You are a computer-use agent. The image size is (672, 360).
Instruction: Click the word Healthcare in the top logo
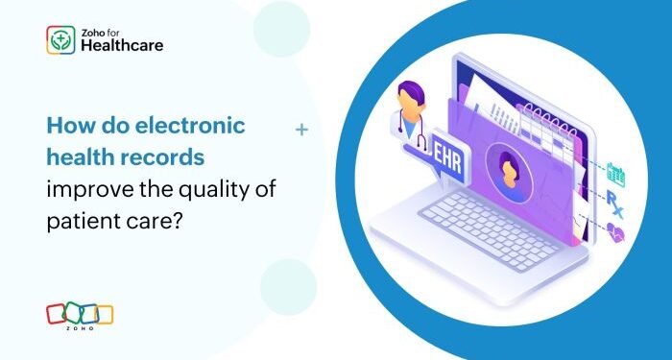point(122,44)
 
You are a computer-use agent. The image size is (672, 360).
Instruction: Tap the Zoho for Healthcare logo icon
point(60,39)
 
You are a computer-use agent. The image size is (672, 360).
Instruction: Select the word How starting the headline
point(68,126)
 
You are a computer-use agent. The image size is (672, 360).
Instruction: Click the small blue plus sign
point(302,128)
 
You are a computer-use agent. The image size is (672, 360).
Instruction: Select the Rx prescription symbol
point(615,200)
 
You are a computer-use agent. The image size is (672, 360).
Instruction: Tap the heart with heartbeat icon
point(615,230)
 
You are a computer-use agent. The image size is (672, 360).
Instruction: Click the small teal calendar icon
point(615,174)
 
